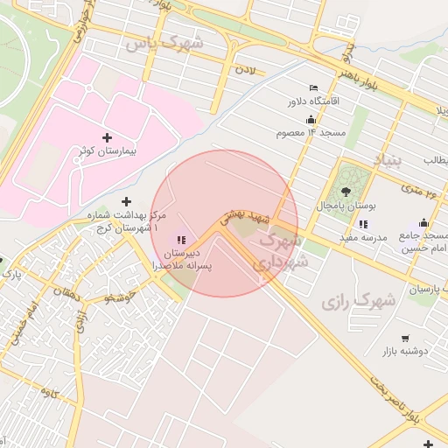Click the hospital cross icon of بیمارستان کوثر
click(x=108, y=137)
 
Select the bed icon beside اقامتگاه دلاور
click(x=314, y=88)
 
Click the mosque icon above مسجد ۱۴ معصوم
click(x=311, y=119)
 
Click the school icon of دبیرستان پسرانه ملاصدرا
click(x=181, y=240)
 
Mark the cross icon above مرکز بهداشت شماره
click(x=126, y=201)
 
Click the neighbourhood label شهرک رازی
click(x=359, y=301)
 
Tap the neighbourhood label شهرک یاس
click(x=164, y=42)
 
